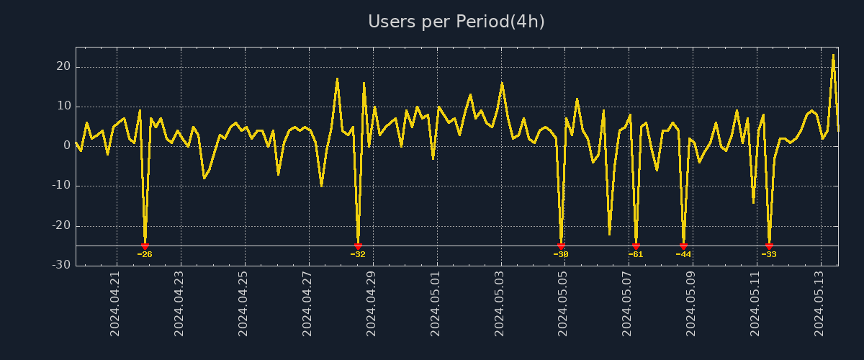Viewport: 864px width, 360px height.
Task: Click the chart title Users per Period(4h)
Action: tap(456, 22)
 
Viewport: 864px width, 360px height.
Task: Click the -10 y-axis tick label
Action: tap(61, 186)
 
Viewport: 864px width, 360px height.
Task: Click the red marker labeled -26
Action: tap(145, 246)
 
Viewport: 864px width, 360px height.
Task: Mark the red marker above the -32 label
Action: tap(358, 246)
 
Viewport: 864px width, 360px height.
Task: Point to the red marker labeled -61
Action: tap(636, 246)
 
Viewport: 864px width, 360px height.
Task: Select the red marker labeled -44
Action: tap(683, 246)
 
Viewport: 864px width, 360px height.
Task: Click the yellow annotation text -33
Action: tap(769, 255)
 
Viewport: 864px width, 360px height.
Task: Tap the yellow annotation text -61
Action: tap(636, 255)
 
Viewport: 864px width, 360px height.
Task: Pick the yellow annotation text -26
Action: tap(145, 255)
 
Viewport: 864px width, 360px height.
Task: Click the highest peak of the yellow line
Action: tap(833, 55)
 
